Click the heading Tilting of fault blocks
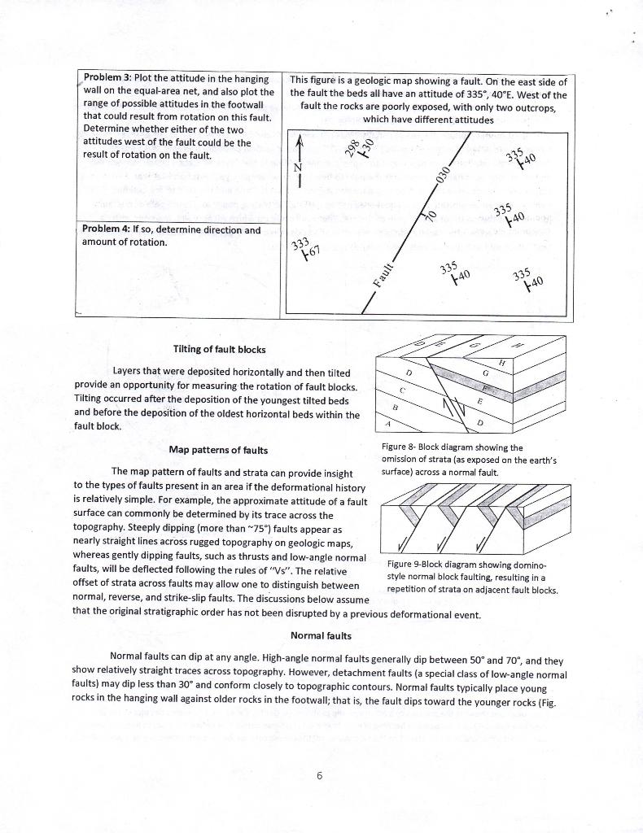[219, 349]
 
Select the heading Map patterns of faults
[218, 450]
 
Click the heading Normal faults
[321, 635]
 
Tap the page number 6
[321, 775]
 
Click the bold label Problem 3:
[112, 78]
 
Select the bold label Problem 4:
[112, 229]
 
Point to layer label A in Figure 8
[388, 423]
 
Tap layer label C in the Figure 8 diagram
[403, 390]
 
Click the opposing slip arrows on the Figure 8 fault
[449, 405]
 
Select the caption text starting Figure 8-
[463, 459]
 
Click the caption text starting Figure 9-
[472, 576]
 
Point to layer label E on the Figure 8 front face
[480, 401]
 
